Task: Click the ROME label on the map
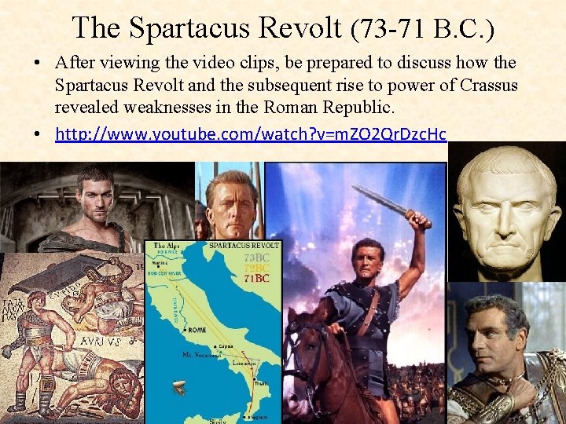click(196, 330)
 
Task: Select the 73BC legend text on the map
click(255, 258)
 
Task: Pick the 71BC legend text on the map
click(255, 277)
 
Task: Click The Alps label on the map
click(167, 246)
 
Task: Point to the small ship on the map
click(180, 387)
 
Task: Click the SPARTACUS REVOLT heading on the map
click(243, 246)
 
